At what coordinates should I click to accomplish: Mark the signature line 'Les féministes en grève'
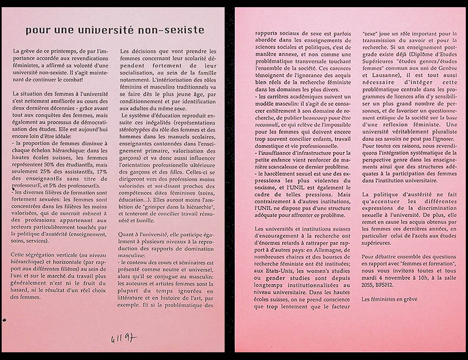point(389,299)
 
